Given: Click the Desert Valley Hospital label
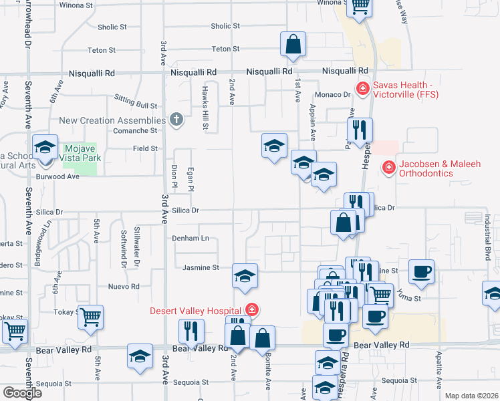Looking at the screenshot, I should click(x=195, y=310).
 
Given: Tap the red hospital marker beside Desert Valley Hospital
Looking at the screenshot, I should click(x=252, y=309).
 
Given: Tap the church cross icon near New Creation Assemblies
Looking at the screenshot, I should click(x=176, y=120).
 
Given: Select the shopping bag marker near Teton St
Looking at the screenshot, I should click(x=293, y=45).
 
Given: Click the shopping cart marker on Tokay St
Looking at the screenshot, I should click(x=90, y=317).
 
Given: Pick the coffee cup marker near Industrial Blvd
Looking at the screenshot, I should click(x=421, y=271).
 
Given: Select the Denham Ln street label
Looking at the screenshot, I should click(x=191, y=238).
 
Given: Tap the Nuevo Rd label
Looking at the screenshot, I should click(x=125, y=286).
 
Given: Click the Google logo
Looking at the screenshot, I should click(x=22, y=393).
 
